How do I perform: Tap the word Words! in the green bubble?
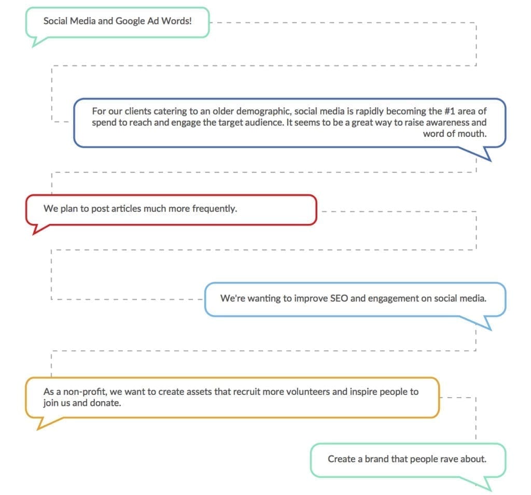(x=176, y=21)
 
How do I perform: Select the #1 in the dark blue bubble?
(x=450, y=111)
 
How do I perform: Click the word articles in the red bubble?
(x=126, y=208)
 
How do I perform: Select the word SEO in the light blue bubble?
(x=339, y=298)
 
